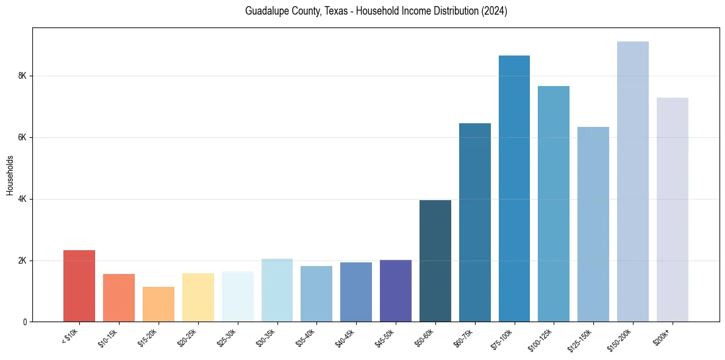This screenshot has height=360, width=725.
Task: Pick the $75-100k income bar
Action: pyautogui.click(x=514, y=189)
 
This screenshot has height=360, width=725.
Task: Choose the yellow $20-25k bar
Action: pyautogui.click(x=198, y=297)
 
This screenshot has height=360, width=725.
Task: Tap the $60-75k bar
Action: pyautogui.click(x=475, y=222)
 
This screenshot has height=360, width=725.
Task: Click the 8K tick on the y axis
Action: pyautogui.click(x=23, y=76)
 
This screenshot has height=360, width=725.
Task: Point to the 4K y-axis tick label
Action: pyautogui.click(x=23, y=200)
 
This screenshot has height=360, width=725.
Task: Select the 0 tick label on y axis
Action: pyautogui.click(x=25, y=322)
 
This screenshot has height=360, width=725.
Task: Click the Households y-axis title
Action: pyautogui.click(x=10, y=175)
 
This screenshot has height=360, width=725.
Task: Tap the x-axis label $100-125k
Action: pyautogui.click(x=545, y=339)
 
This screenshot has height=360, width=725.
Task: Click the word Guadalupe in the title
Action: pyautogui.click(x=266, y=11)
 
